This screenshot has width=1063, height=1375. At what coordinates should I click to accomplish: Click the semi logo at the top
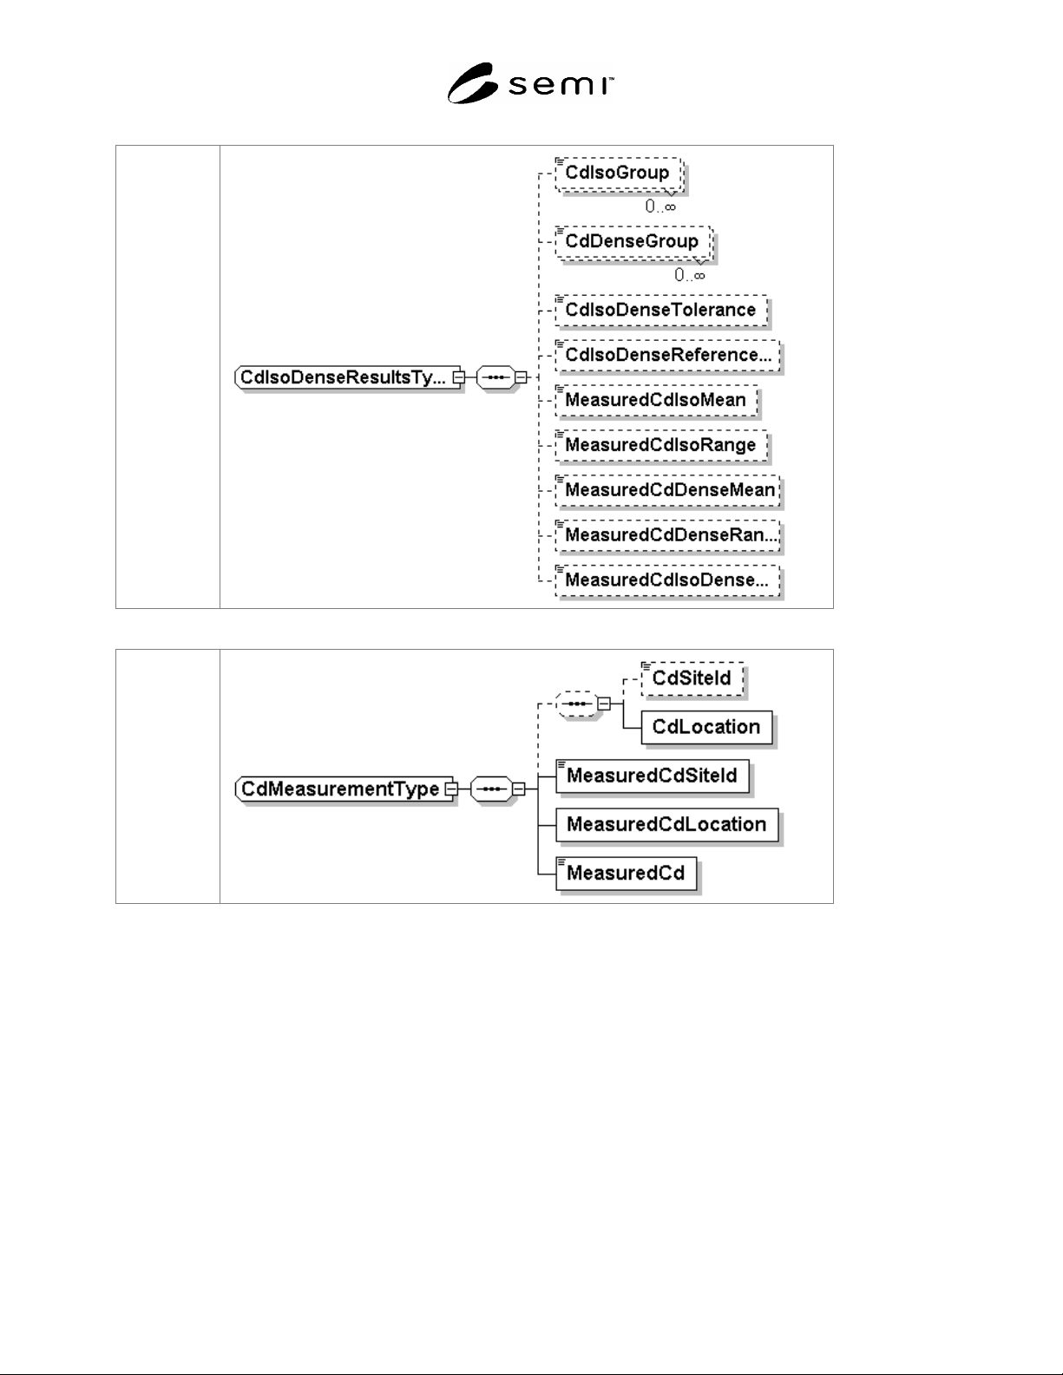click(530, 83)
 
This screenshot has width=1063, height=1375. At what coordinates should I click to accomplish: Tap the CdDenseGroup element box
click(633, 242)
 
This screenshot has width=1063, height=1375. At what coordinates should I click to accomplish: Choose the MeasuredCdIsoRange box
click(661, 445)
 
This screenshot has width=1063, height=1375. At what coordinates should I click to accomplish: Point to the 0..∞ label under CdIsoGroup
click(660, 206)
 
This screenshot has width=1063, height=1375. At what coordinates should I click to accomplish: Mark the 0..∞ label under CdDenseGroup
click(690, 275)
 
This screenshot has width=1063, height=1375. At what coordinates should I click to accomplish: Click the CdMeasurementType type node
click(344, 789)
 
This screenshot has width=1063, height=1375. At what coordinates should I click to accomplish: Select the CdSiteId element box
click(692, 679)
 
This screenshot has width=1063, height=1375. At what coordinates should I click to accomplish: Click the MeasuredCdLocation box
click(667, 825)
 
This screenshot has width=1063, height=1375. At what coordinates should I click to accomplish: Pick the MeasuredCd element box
click(627, 874)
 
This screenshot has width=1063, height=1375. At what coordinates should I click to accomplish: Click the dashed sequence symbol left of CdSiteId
click(577, 704)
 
